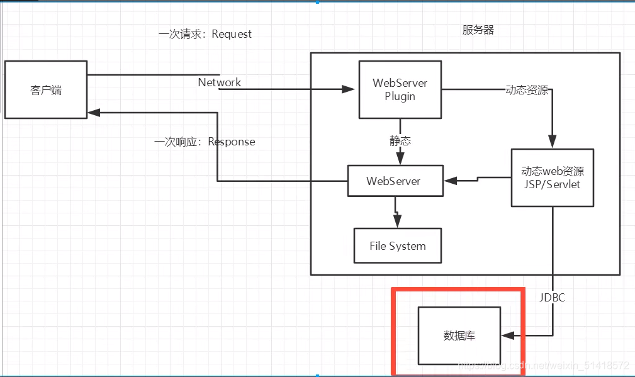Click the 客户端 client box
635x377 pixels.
46,89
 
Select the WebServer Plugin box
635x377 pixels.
400,89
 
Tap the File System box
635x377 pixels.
397,245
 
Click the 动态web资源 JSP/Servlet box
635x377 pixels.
553,177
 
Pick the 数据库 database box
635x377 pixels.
459,335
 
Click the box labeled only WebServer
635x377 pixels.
395,181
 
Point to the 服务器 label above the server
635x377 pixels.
478,30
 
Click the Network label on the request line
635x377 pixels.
219,82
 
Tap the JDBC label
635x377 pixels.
552,298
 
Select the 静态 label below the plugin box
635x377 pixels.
400,141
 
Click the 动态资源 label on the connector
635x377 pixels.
526,90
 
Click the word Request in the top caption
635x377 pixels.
232,34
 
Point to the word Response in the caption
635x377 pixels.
231,142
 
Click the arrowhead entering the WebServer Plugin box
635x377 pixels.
349,89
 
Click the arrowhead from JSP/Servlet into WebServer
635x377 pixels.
451,181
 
